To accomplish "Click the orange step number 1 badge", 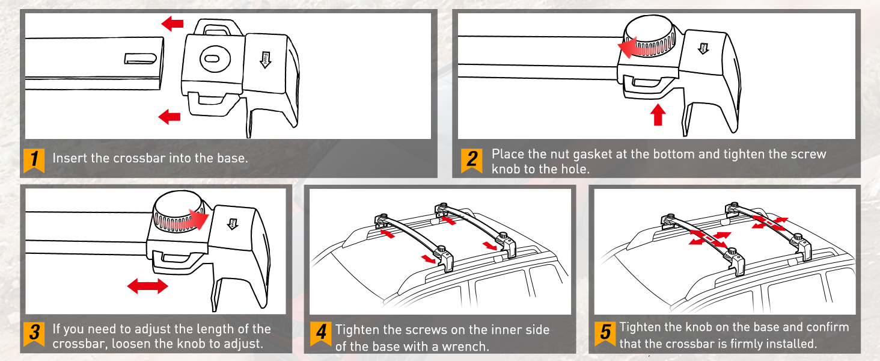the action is [x=34, y=159].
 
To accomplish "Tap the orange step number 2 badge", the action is [x=472, y=160].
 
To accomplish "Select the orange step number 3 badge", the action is [x=34, y=333].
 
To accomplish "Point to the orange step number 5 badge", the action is [x=605, y=333].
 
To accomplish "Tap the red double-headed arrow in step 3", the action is [x=147, y=286].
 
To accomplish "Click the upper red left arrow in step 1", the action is [x=173, y=24].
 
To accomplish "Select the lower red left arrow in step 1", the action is [x=170, y=116].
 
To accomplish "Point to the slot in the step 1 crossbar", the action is [x=141, y=58].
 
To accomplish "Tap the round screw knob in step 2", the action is [x=649, y=37].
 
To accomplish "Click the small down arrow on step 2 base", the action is [x=701, y=47].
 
